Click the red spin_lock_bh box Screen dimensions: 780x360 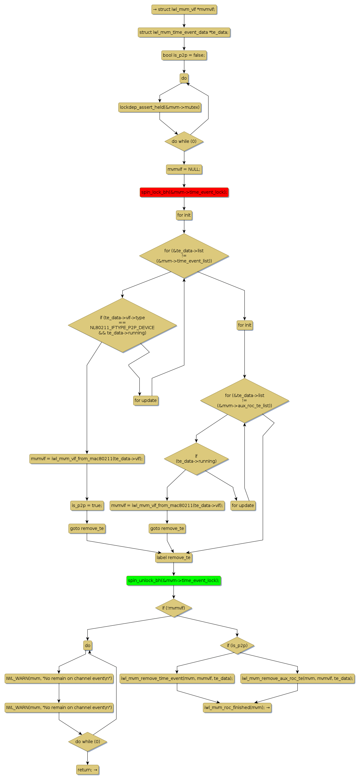pos(184,192)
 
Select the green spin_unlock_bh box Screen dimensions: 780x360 pos(173,580)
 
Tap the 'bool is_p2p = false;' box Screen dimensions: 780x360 pos(184,55)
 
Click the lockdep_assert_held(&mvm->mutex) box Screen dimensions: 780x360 pos(160,107)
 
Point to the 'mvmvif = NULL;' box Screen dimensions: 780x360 pos(184,169)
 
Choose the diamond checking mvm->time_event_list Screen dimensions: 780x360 pos(184,256)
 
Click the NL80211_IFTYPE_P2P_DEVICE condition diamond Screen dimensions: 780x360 pos(122,325)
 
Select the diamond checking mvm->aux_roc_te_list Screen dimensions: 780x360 pos(244,400)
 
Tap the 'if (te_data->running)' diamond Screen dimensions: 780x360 pos(196,459)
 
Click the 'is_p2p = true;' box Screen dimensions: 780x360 pos(87,505)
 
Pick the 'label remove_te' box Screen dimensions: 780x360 pos(173,557)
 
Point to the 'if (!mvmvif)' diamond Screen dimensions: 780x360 pos(173,608)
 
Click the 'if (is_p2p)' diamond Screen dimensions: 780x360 pos(237,646)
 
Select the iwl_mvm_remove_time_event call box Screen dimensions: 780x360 pos(177,678)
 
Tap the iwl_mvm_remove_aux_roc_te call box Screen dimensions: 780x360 pos(297,678)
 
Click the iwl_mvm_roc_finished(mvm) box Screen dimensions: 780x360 pos(237,707)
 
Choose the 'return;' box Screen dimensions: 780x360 pos(87,770)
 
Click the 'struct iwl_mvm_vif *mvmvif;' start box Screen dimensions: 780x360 pos(184,9)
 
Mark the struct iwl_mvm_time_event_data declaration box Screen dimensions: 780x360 pos(184,32)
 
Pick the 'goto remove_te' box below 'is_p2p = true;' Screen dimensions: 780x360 pos(87,528)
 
